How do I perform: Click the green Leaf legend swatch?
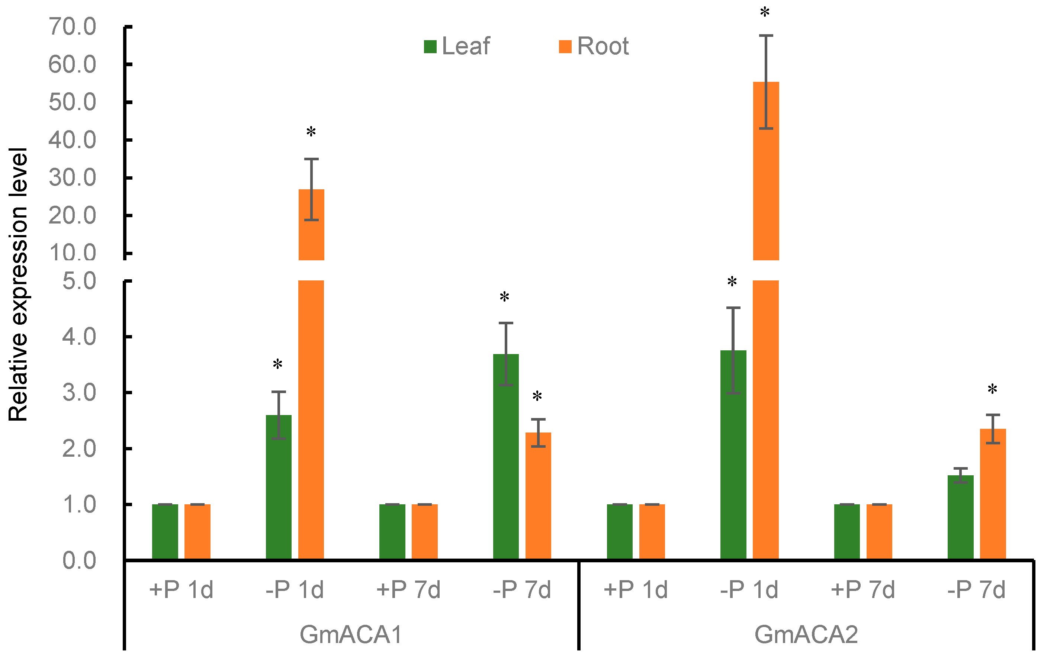click(430, 46)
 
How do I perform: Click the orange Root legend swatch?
click(565, 46)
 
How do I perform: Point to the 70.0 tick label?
click(72, 26)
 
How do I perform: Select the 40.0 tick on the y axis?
click(72, 140)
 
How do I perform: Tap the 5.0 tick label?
click(79, 281)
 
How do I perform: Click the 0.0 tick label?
click(79, 560)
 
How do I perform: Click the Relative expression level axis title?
click(18, 284)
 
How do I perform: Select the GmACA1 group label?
click(351, 635)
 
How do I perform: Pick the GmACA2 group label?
click(806, 635)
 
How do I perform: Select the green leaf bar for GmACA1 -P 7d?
click(505, 455)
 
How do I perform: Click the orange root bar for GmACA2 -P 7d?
click(992, 494)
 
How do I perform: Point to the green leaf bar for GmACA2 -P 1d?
click(733, 455)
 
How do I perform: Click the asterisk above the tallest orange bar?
click(765, 12)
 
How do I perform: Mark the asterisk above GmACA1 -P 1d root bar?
click(311, 132)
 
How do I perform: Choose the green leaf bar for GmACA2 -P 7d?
click(960, 518)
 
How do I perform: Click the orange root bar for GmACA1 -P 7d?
click(538, 496)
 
